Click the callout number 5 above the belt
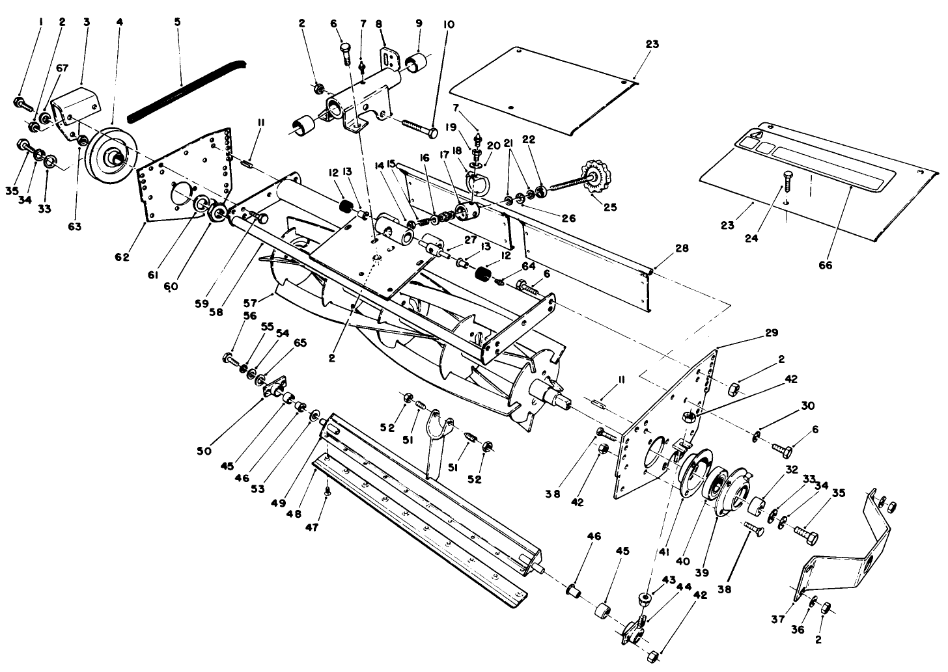178,21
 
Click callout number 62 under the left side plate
122,258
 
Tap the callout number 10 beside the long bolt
450,24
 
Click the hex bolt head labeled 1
19,102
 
